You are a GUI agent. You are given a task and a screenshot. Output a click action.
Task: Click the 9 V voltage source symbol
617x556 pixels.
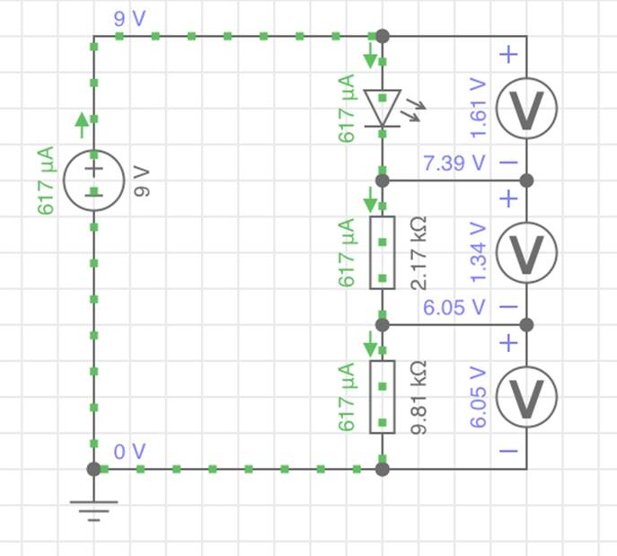[94, 180]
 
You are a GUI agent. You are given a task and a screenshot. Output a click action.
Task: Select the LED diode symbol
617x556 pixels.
[383, 108]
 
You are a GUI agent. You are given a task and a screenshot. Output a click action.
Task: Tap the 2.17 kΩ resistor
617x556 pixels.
[383, 252]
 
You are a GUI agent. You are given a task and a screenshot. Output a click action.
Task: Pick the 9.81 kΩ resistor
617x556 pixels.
[383, 396]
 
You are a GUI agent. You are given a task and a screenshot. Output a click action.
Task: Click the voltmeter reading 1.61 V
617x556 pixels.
[526, 108]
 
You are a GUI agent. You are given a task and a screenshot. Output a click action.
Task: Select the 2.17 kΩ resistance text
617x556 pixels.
[419, 252]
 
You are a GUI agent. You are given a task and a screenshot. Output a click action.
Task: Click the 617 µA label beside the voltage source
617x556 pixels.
[46, 180]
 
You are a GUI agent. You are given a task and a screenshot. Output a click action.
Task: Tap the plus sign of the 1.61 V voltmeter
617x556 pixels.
[508, 55]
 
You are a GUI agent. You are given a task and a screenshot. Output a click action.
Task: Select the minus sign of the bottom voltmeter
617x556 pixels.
[508, 451]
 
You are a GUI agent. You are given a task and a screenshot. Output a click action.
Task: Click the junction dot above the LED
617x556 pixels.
[383, 36]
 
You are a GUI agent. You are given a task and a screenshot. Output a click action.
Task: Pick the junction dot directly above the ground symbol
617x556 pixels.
[94, 469]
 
